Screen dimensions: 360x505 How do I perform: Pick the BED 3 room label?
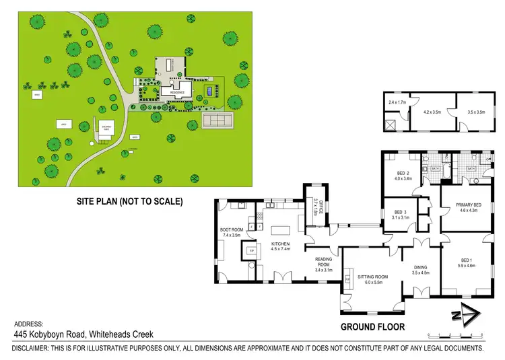click(401, 214)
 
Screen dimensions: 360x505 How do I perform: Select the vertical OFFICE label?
click(321, 206)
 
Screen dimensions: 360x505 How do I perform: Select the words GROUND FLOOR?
click(372, 326)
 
